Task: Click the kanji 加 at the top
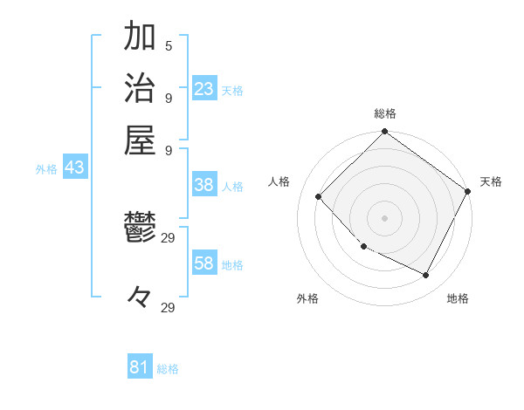(x=140, y=38)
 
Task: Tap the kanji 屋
(x=140, y=140)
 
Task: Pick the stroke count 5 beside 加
(x=168, y=45)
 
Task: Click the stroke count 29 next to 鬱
(x=169, y=236)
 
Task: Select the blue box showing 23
(x=204, y=88)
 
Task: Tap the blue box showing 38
(x=204, y=185)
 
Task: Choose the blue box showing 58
(x=204, y=263)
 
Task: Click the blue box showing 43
(x=74, y=167)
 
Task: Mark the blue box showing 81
(x=140, y=367)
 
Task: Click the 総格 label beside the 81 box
(x=168, y=369)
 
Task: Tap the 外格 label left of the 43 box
(x=46, y=169)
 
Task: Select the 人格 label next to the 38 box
(x=232, y=187)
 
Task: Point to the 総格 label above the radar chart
(x=384, y=113)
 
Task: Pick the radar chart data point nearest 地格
(x=426, y=276)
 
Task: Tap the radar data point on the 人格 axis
(x=320, y=196)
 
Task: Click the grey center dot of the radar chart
(x=384, y=217)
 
